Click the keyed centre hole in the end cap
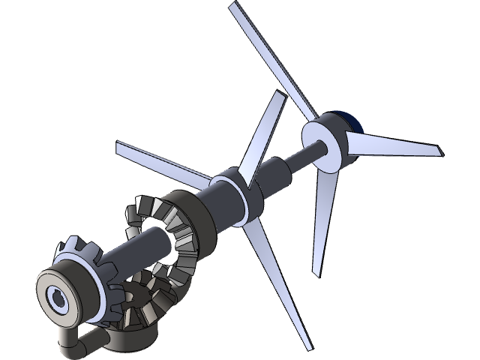click(57, 298)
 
